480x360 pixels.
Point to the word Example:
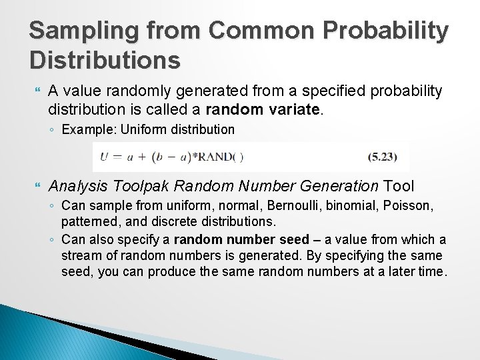click(83, 128)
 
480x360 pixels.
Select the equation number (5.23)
click(383, 157)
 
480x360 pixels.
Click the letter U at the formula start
click(105, 157)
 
